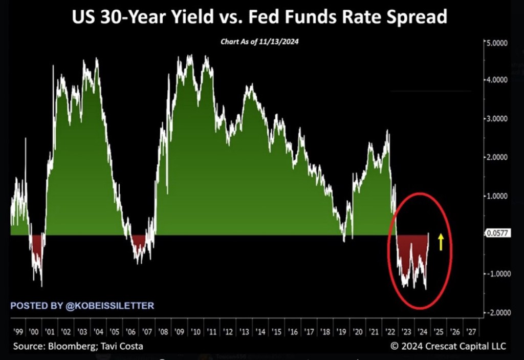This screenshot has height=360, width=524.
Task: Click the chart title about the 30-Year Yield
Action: tap(259, 17)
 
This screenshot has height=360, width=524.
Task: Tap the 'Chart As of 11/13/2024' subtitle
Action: tap(259, 43)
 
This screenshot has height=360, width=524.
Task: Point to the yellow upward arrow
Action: tap(441, 241)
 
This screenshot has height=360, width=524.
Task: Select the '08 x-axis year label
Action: tap(163, 331)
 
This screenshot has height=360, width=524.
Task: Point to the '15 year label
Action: tap(277, 331)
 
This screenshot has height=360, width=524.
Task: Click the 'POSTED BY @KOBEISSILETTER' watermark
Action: tap(82, 306)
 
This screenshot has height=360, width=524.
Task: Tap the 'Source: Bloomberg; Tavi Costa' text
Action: tap(78, 346)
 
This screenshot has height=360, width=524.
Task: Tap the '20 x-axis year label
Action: tap(358, 331)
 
